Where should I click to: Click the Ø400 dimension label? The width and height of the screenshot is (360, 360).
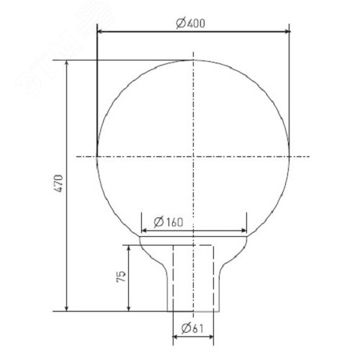click(190, 23)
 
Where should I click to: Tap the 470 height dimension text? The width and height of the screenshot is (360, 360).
click(58, 183)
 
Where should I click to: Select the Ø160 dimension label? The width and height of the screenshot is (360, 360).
click(168, 222)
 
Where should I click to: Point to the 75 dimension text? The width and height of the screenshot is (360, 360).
click(121, 276)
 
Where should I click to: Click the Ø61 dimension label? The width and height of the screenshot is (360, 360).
click(192, 328)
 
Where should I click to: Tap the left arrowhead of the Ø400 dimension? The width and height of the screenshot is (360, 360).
click(100, 31)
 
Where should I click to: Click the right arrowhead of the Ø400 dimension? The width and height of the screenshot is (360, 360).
click(287, 31)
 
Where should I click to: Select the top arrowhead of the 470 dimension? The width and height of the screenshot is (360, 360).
click(67, 63)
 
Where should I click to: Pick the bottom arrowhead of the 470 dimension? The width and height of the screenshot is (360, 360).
click(67, 308)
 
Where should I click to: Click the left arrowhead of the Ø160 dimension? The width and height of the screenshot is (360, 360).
click(144, 230)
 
